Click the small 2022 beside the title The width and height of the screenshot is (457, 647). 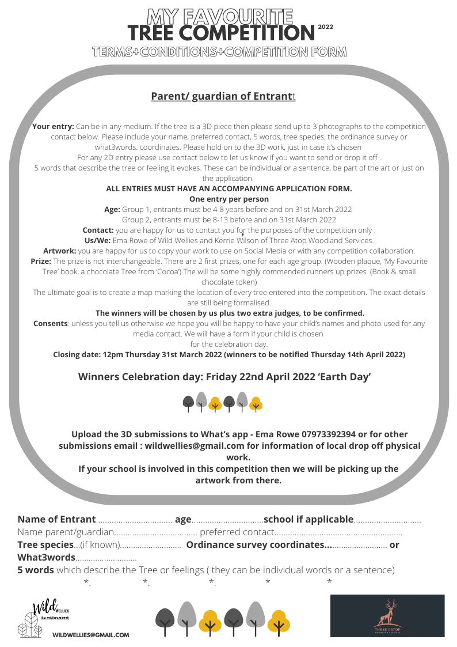[325, 27]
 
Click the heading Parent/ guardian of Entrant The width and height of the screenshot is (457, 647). [223, 96]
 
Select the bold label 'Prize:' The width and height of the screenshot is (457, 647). [41, 261]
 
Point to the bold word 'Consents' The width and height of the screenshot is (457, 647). [51, 323]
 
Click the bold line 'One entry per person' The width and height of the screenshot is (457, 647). [228, 199]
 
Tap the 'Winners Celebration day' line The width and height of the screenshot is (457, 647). [224, 377]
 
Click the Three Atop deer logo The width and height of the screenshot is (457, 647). [387, 615]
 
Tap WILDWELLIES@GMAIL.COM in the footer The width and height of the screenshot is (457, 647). [90, 635]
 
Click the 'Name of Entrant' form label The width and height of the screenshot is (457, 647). [56, 519]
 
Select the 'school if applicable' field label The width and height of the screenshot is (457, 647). [308, 519]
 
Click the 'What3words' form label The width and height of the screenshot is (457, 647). [46, 557]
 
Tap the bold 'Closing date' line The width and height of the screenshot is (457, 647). [229, 354]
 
